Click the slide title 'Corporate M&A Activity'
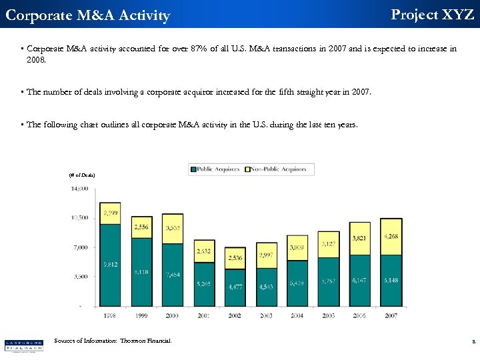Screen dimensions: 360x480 click(x=87, y=15)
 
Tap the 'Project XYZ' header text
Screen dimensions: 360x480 click(x=432, y=15)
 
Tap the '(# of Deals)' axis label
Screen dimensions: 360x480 click(x=82, y=175)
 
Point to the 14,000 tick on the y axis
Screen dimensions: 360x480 click(x=79, y=189)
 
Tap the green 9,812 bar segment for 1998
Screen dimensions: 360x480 click(x=110, y=265)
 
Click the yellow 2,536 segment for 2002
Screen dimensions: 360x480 click(x=235, y=258)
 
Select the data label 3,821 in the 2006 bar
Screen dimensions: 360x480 click(x=360, y=239)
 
